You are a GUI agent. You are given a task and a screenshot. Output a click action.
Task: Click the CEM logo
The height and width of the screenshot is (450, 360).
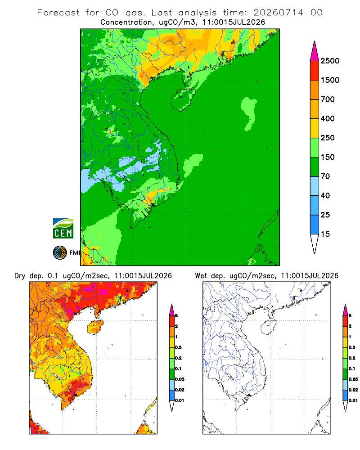click(x=63, y=229)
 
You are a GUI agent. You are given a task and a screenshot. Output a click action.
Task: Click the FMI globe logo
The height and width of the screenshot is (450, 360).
click(x=60, y=253)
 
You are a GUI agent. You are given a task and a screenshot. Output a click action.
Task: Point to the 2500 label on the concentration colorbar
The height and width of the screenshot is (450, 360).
click(x=330, y=61)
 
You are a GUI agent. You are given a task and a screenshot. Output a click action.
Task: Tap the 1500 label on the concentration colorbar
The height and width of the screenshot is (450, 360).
click(x=330, y=80)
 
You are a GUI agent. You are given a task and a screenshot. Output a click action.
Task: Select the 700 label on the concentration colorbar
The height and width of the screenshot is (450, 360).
click(x=328, y=99)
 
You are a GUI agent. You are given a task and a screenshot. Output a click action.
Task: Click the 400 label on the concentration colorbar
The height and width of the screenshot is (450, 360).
click(x=328, y=118)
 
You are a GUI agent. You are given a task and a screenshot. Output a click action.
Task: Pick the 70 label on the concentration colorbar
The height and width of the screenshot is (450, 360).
click(x=325, y=176)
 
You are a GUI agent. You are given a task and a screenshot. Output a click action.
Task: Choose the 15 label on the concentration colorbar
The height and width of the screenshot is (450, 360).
click(x=325, y=234)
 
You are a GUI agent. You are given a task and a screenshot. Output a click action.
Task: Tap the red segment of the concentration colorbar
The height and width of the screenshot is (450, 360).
click(x=315, y=71)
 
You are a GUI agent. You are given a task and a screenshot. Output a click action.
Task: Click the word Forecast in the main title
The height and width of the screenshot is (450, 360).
click(x=58, y=12)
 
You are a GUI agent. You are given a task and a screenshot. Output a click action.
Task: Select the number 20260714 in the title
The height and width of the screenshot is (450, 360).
click(x=278, y=12)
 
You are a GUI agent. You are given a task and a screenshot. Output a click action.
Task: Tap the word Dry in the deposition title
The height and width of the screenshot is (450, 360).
click(x=20, y=276)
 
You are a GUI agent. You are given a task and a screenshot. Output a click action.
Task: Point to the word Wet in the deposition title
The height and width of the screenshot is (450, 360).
click(x=201, y=276)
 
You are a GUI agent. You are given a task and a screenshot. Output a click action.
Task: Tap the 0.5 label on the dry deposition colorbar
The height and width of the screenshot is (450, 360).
click(x=178, y=347)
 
